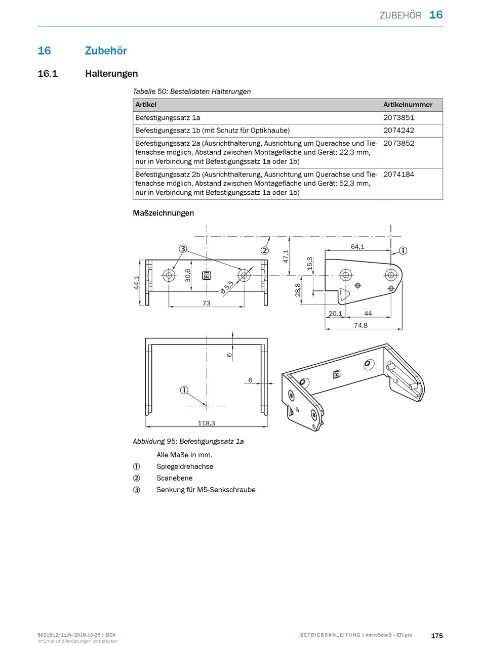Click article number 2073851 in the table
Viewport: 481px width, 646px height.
click(398, 118)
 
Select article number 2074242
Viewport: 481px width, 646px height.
click(398, 131)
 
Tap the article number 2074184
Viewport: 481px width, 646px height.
click(398, 175)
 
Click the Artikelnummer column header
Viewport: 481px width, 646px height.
click(408, 105)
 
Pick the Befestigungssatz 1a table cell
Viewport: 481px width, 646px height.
click(168, 118)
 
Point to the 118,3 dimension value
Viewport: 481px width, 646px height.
click(206, 423)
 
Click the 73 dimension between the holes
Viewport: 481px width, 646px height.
click(206, 303)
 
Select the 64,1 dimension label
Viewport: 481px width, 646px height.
click(357, 247)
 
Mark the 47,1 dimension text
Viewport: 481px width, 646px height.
click(286, 256)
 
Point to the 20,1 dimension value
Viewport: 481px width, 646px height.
click(335, 314)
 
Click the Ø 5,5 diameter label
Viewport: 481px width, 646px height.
click(227, 286)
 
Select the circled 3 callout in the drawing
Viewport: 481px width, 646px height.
click(183, 248)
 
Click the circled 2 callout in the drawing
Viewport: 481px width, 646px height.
click(264, 250)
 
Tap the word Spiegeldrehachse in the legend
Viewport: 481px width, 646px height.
click(184, 466)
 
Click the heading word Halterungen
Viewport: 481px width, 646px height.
click(111, 74)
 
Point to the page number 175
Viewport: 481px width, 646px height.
click(436, 635)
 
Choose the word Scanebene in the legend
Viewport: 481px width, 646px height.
click(174, 478)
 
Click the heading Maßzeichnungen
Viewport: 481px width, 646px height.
click(163, 213)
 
